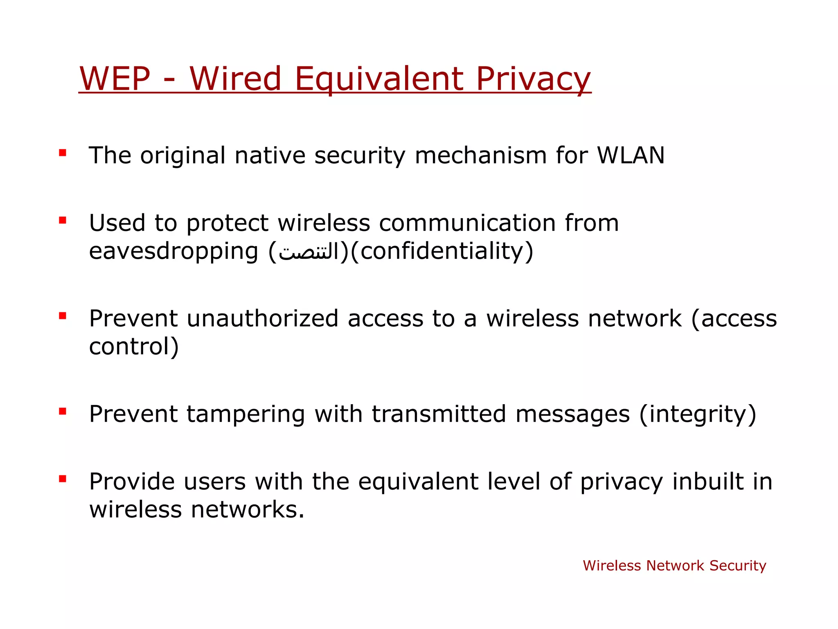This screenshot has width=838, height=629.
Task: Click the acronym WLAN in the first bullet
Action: (631, 155)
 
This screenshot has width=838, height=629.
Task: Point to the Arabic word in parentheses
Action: (309, 251)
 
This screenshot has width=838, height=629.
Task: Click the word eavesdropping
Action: (173, 251)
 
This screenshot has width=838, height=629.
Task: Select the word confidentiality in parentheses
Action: (442, 251)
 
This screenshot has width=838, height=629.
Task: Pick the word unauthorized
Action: (263, 319)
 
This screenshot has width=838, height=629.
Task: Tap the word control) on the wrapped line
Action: (134, 346)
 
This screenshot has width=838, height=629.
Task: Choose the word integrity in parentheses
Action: (697, 414)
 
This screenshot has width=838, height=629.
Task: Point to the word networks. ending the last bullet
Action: (248, 509)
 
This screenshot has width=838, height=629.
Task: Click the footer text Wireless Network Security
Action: (674, 566)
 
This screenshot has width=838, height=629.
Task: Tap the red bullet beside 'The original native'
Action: (63, 153)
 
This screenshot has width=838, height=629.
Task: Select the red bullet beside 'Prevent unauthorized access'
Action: (63, 316)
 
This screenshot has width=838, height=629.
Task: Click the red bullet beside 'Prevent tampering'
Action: (63, 411)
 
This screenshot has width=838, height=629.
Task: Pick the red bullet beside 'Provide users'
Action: (63, 479)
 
